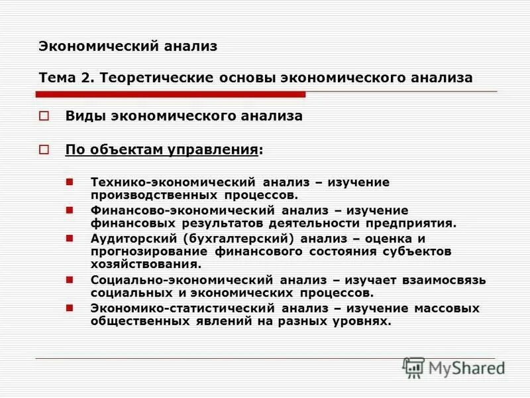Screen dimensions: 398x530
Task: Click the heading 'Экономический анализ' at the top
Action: coord(128,46)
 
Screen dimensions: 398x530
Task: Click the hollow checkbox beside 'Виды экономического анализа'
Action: coord(44,116)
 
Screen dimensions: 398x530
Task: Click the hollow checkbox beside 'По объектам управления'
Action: coord(44,149)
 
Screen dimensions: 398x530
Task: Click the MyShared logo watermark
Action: coord(454,367)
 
